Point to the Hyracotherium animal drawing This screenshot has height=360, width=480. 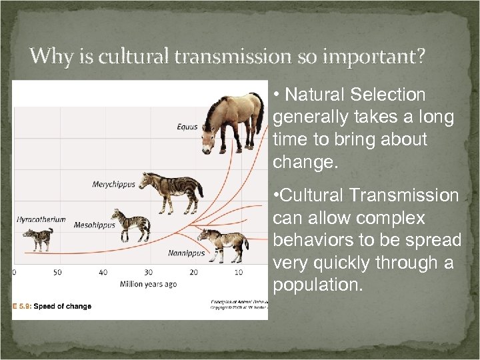pos(38,239)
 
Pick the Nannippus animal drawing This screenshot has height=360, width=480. pos(223,243)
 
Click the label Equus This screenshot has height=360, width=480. pos(187,127)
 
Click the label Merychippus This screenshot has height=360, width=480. pos(113,184)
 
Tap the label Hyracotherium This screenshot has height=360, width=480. pos(41,219)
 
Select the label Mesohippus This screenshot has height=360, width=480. pos(94,225)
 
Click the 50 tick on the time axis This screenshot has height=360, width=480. pos(57,272)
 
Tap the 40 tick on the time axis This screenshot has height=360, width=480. pos(103,272)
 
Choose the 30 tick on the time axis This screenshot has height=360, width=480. pos(148,272)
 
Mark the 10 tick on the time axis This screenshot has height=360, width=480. pos(239,272)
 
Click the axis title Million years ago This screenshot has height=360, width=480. pos(148,284)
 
